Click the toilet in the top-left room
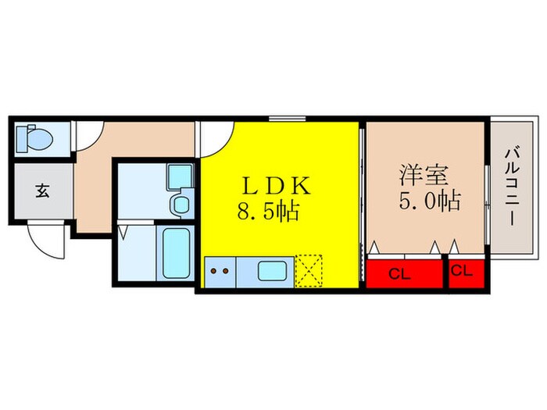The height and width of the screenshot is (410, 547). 34,139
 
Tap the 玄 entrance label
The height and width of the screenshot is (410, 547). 41,191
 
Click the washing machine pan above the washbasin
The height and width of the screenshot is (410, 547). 179,176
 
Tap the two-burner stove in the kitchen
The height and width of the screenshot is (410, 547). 220,273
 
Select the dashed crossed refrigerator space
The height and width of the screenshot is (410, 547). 310,271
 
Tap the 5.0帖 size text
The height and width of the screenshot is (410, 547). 428,201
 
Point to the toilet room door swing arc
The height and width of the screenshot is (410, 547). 88,137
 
